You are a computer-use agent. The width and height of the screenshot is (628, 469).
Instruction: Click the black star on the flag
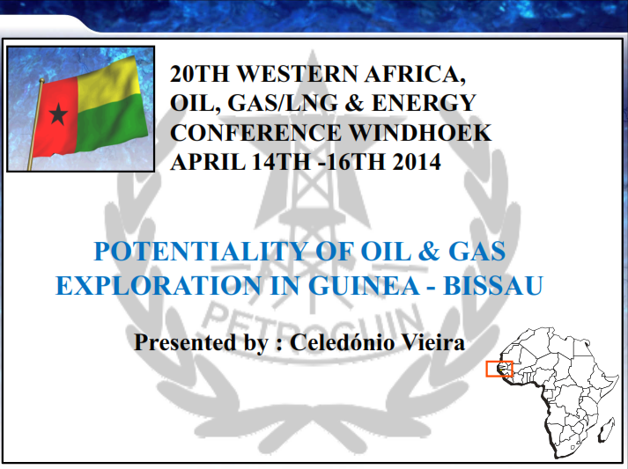point(58,114)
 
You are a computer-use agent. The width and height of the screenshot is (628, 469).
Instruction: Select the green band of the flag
point(111,121)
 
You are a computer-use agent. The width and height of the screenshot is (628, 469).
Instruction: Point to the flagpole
point(35,124)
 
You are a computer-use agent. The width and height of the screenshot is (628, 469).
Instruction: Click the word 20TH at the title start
point(199,74)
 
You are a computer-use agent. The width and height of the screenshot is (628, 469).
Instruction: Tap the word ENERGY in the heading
point(424,103)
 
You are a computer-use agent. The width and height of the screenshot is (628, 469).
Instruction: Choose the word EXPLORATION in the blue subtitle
point(159,285)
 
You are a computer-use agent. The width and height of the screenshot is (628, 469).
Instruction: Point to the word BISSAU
point(493,285)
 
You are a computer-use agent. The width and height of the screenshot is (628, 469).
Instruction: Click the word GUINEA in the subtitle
point(364,285)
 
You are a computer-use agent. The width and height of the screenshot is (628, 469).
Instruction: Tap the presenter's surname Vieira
point(433,342)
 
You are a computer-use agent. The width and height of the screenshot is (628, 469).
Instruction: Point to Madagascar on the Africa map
point(607,429)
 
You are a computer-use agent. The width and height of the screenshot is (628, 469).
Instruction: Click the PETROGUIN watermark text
point(314,322)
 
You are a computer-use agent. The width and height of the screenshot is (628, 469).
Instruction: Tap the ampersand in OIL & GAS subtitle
point(429,252)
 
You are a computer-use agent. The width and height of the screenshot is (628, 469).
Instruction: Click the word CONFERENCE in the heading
point(256,133)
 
